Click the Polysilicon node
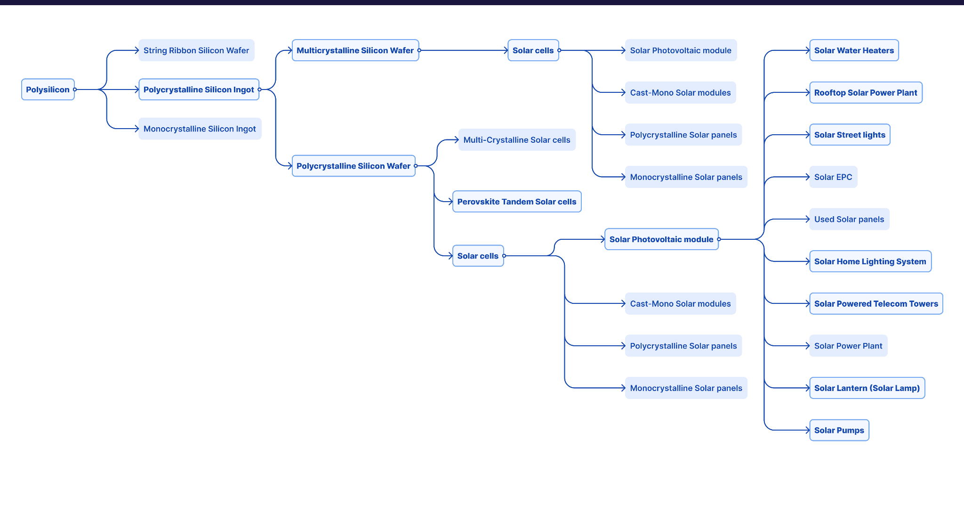pos(48,90)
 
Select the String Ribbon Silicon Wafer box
pos(196,50)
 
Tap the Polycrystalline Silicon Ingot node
pos(199,90)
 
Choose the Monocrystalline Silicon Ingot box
pos(200,129)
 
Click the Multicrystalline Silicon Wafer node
pos(355,50)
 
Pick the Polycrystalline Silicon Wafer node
pos(353,166)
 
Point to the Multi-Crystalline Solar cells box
pos(516,140)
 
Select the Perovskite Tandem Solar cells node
pos(516,202)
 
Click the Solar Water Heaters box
pos(854,50)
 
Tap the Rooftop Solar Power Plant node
pos(866,93)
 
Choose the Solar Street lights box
pos(850,135)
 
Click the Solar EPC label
pos(833,177)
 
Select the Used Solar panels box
pos(849,219)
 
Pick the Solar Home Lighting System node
pos(870,261)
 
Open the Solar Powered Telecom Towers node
pos(876,304)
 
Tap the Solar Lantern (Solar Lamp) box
pos(867,388)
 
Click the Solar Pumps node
pos(839,430)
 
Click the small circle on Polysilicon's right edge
pos(75,90)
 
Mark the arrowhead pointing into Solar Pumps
pos(808,430)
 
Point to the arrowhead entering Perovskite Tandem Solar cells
pos(450,202)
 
